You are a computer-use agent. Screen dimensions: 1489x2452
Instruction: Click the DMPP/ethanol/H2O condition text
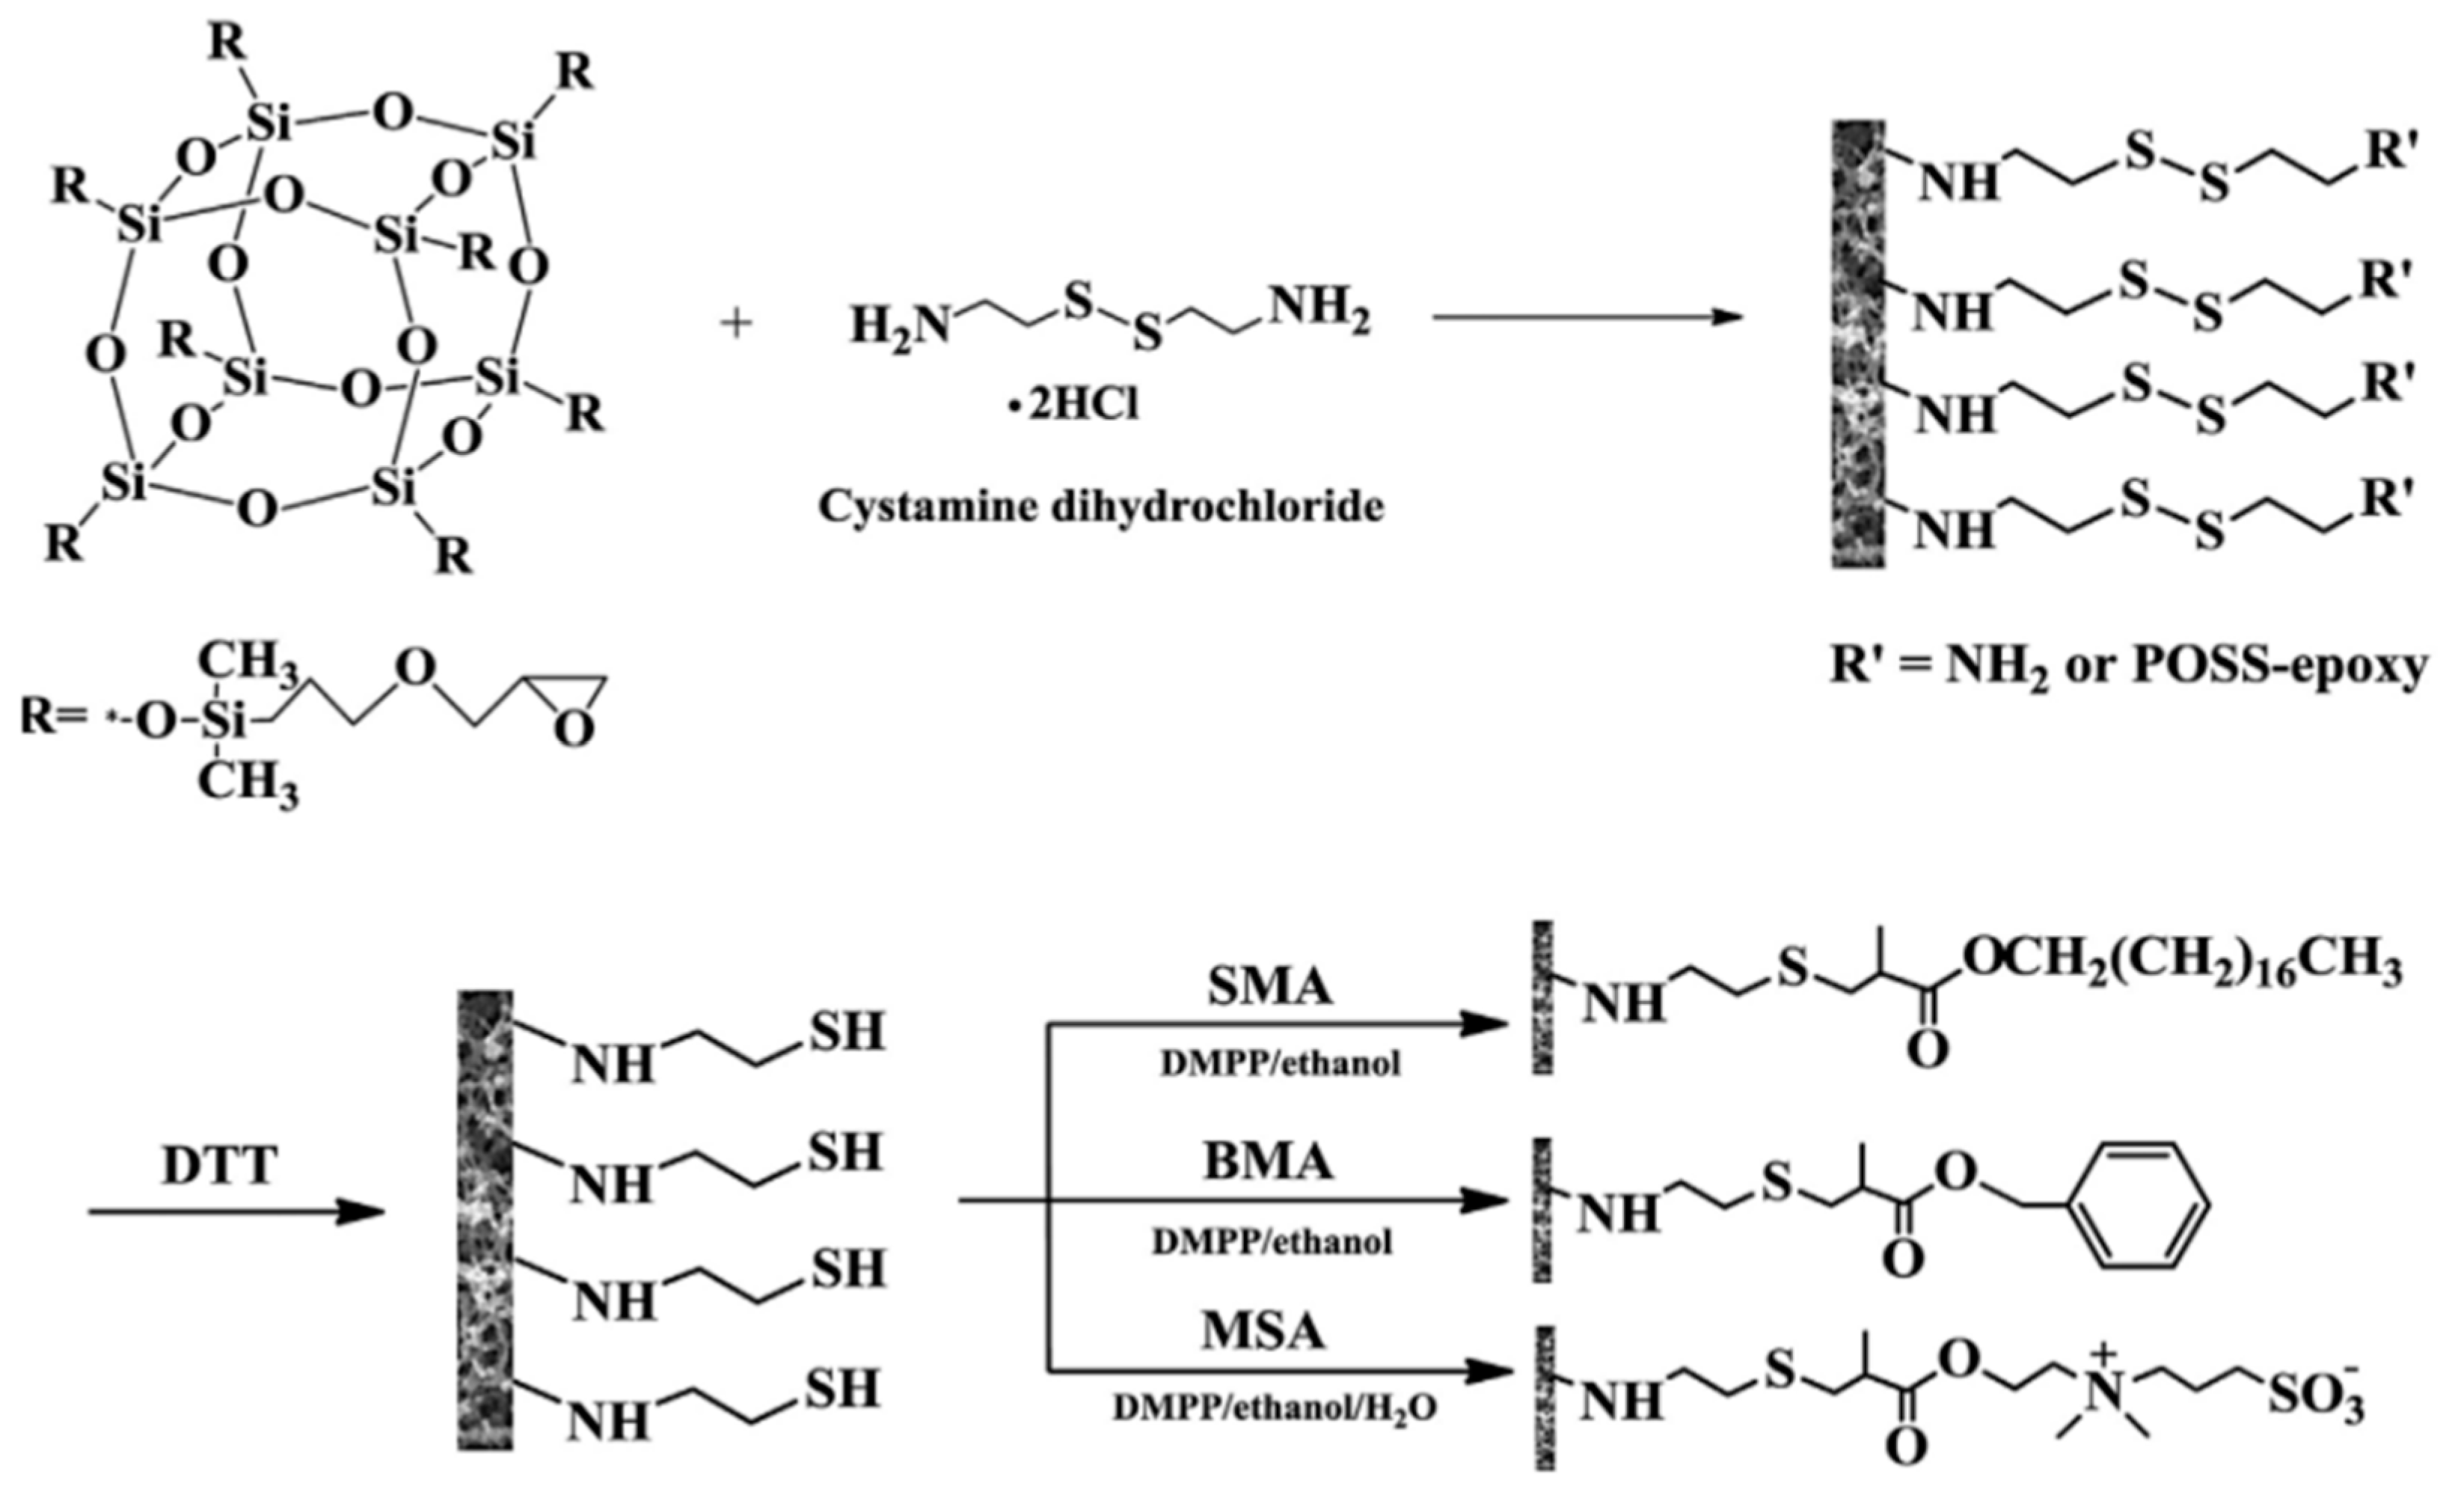pos(1275,1408)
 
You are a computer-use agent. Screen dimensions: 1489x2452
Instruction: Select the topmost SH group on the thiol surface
pos(846,1032)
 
